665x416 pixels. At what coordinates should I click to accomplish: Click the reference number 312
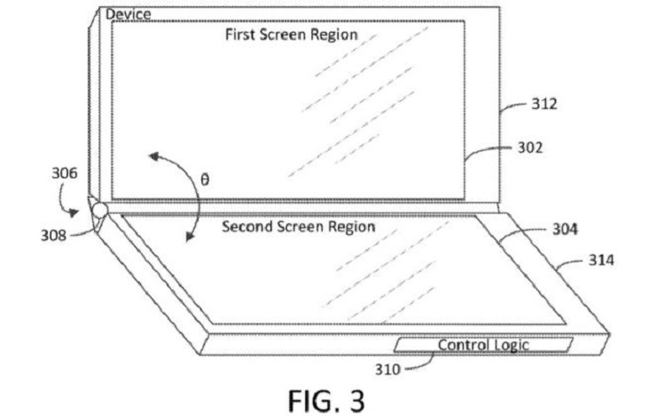[544, 104]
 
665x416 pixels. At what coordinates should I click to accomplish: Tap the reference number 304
[565, 230]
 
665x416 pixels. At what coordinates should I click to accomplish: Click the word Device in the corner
[129, 14]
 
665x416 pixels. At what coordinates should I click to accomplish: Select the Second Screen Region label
[298, 226]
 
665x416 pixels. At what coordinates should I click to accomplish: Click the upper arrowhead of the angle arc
[153, 158]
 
